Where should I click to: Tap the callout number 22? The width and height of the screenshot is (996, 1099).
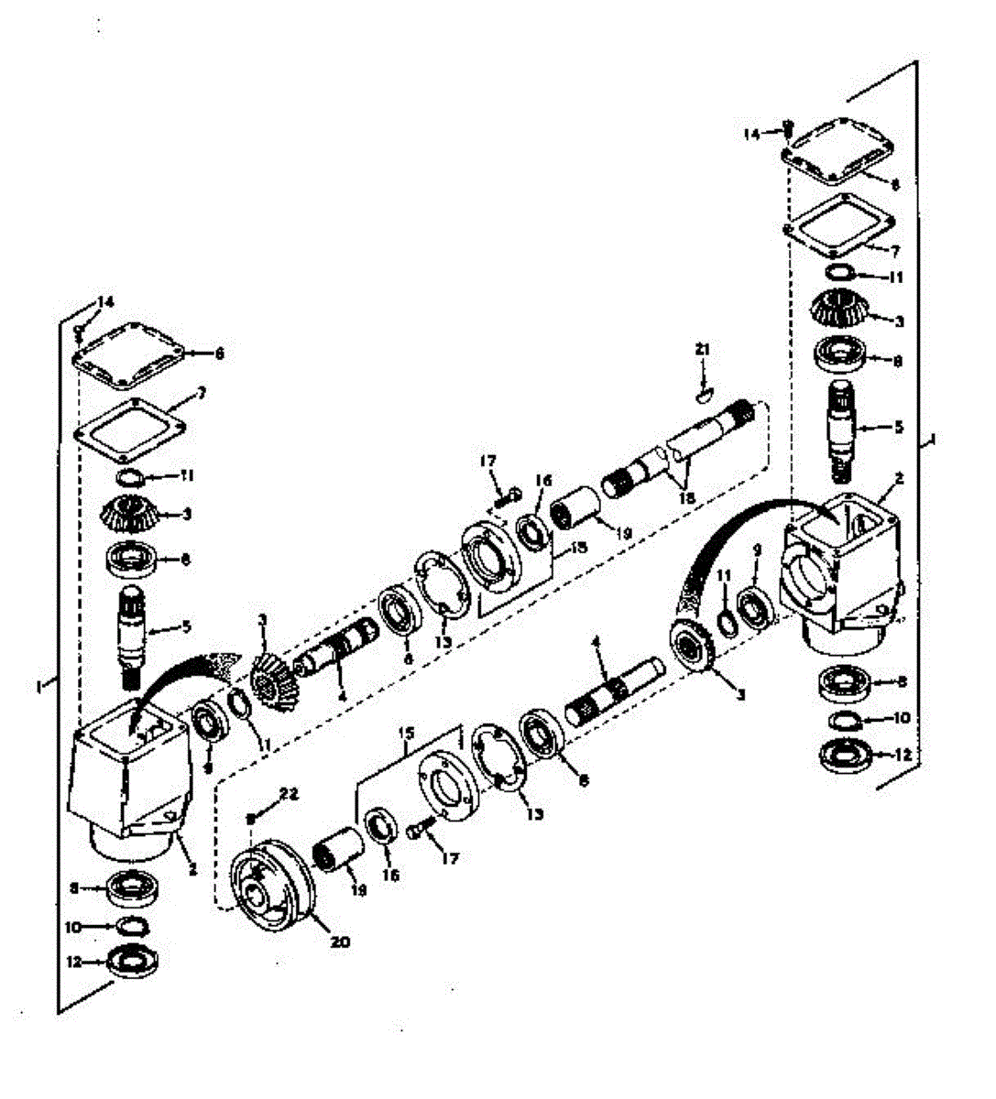[x=289, y=795]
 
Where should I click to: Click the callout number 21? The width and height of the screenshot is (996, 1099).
[x=703, y=350]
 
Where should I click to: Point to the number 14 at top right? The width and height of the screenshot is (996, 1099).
[x=751, y=134]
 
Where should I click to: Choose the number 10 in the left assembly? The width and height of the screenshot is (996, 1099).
[x=73, y=927]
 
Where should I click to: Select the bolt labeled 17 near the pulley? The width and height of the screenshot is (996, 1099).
[x=418, y=831]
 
